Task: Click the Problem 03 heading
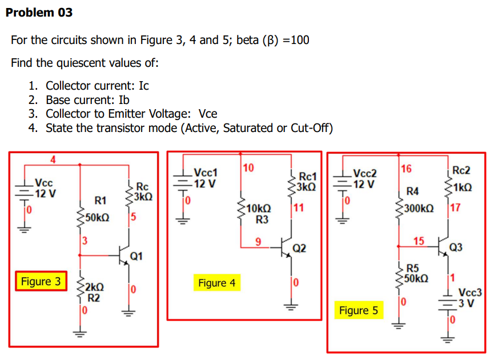[x=39, y=12]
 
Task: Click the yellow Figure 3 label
[x=41, y=282]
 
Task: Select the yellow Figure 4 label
[x=216, y=283]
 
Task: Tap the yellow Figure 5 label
[x=358, y=310]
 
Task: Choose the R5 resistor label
[x=412, y=268]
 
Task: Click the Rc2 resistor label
[x=461, y=170]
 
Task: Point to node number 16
[x=405, y=168]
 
